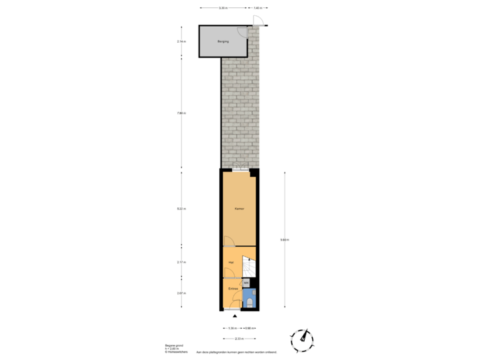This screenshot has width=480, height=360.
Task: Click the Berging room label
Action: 223,41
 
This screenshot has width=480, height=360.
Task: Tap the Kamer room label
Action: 239,209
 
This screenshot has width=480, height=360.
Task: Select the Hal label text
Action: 231,263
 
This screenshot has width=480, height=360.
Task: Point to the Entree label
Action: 233,289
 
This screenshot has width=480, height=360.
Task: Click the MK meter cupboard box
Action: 246,283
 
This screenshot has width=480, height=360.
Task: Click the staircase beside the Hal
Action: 249,267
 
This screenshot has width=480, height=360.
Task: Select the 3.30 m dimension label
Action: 223,9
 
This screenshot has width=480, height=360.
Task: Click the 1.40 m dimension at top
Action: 257,9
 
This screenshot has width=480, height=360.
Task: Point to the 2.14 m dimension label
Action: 181,41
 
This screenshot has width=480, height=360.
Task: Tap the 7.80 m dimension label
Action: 181,113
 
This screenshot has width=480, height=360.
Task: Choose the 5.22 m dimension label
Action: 181,209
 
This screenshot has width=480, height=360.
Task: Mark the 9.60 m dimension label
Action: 285,240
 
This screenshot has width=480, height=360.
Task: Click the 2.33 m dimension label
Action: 239,339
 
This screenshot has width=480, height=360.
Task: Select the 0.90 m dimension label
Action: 249,328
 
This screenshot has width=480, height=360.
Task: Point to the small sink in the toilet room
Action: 254,293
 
